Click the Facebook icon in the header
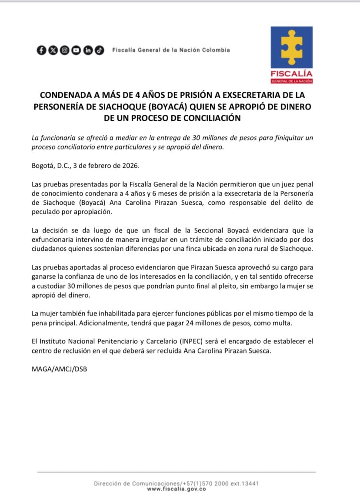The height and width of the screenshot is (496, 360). coord(41,50)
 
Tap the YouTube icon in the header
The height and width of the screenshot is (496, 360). coord(76,50)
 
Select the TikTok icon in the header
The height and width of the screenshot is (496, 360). coord(100,50)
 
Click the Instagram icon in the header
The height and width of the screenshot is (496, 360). coord(64,50)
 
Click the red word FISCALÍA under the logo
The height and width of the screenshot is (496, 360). coord(291,73)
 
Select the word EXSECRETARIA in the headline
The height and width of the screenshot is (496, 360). coord(244,95)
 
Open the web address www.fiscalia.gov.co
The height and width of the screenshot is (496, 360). coord(177,489)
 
